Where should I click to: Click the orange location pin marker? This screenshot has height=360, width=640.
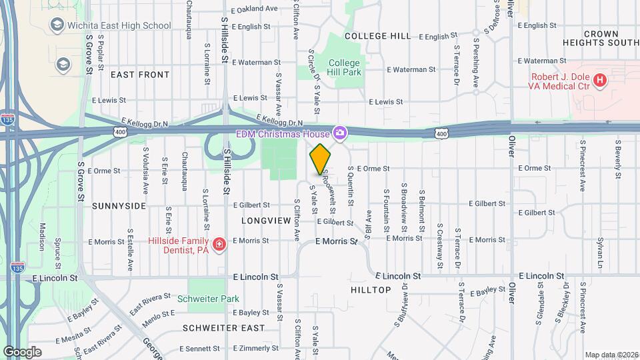[x=321, y=159]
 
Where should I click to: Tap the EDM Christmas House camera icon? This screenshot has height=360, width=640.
[x=340, y=133]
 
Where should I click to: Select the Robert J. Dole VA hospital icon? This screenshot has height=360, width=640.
[x=600, y=81]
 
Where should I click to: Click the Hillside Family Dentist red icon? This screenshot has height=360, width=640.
[x=218, y=245]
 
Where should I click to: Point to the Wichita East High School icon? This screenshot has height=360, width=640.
[x=56, y=25]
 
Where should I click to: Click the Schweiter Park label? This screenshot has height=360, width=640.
[x=208, y=299]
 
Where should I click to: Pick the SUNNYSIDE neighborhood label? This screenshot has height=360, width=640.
[x=119, y=206]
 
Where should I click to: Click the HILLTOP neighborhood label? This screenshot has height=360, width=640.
[x=370, y=290]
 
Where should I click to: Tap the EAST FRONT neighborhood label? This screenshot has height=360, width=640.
[x=140, y=75]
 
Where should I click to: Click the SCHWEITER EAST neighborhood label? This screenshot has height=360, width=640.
[x=223, y=328]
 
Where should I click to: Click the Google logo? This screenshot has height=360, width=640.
[x=22, y=351]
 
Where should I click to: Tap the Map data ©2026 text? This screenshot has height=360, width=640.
[x=611, y=355]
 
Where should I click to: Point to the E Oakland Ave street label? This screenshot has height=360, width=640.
[x=254, y=9]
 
